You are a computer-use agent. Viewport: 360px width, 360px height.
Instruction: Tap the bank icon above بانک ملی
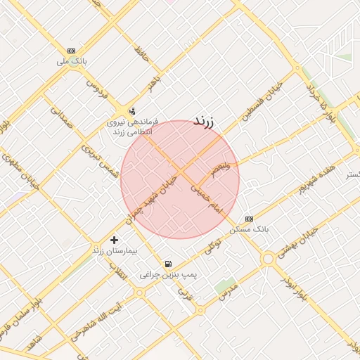71,51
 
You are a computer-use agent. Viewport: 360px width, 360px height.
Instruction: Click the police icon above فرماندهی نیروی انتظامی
131,111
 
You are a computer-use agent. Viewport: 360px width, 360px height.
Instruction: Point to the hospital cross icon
114,240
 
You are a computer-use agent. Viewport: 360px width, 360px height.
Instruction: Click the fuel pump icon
168,264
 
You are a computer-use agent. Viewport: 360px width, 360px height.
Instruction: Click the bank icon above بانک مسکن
248,219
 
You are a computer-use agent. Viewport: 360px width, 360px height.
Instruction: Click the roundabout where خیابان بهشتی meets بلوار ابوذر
267,259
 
